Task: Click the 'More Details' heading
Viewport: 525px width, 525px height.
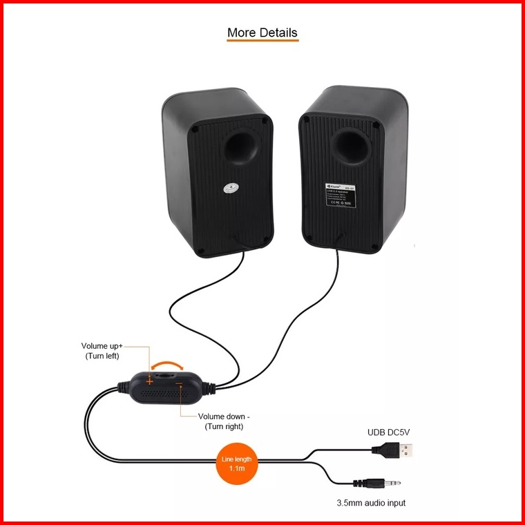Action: (262, 32)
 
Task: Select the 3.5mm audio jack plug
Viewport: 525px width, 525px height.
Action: (376, 483)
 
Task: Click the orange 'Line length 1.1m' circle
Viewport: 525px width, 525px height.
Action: (236, 464)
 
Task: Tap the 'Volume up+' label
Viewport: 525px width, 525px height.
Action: (104, 346)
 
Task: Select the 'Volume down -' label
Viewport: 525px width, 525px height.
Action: (224, 417)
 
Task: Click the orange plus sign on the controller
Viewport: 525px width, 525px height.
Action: (149, 380)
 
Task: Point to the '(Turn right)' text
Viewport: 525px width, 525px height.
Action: (224, 427)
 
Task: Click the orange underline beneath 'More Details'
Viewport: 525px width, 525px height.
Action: (262, 41)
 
